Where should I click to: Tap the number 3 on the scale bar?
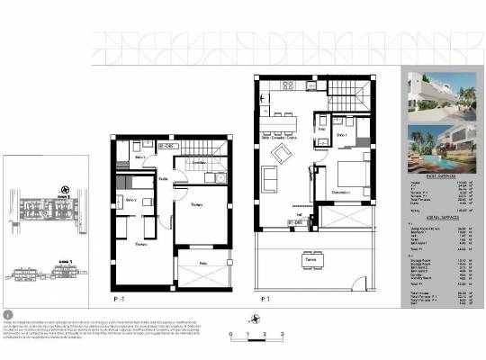pos(283,334)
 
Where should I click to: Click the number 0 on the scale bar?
pos(232,334)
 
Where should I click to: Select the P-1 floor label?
pos(118,296)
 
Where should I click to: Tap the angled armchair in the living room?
pos(283,154)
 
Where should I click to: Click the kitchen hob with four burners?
pos(287,85)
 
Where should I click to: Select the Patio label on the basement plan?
pos(203,264)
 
